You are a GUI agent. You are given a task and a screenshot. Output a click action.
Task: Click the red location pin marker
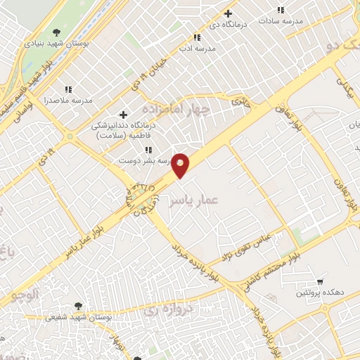tap(181, 165)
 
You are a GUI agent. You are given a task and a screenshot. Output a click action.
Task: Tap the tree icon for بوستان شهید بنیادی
tap(57, 32)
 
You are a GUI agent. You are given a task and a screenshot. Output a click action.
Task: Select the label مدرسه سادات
tap(281, 22)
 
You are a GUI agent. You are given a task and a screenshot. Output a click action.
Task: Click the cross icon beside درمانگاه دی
tap(228, 13)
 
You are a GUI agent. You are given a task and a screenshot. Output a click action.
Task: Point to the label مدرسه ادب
tap(196, 49)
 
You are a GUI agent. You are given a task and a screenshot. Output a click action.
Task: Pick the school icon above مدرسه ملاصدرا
tap(68, 89)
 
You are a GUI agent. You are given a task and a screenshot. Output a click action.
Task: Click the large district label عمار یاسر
tap(193, 201)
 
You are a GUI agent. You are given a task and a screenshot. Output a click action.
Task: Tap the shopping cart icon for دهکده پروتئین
tap(321, 280)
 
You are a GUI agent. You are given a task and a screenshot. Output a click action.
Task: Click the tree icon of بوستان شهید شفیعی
tap(78, 307)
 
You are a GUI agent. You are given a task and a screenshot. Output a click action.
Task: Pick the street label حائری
tap(241, 101)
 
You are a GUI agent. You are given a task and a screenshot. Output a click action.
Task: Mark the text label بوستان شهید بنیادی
tap(52, 43)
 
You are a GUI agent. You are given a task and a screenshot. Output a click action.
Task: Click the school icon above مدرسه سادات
tap(281, 11)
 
